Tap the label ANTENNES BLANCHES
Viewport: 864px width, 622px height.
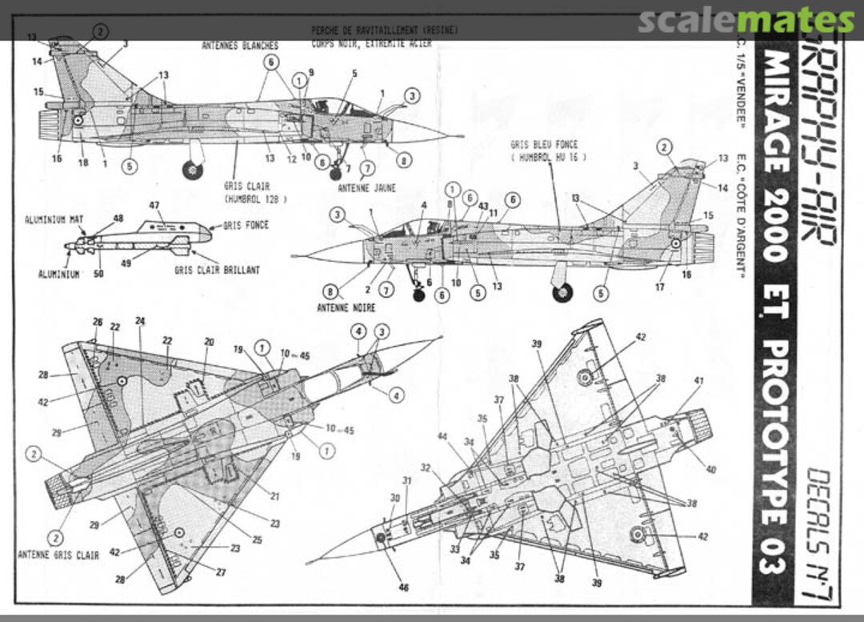[x=240, y=46]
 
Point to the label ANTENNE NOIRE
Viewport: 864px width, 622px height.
[x=346, y=307]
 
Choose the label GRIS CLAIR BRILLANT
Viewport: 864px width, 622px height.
[x=217, y=271]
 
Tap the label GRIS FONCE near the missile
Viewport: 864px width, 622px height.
[x=246, y=226]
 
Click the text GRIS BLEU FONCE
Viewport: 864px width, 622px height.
[x=544, y=145]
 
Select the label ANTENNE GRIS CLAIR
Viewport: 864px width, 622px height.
[x=58, y=555]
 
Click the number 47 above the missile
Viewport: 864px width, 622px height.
[x=154, y=206]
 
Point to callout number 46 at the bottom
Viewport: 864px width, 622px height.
[x=404, y=588]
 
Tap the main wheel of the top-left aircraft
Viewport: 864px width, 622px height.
[x=193, y=170]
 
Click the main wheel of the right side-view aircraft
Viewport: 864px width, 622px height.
[x=563, y=292]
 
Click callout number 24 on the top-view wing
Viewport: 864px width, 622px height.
[x=141, y=321]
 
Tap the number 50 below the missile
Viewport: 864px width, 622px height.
[x=98, y=274]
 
